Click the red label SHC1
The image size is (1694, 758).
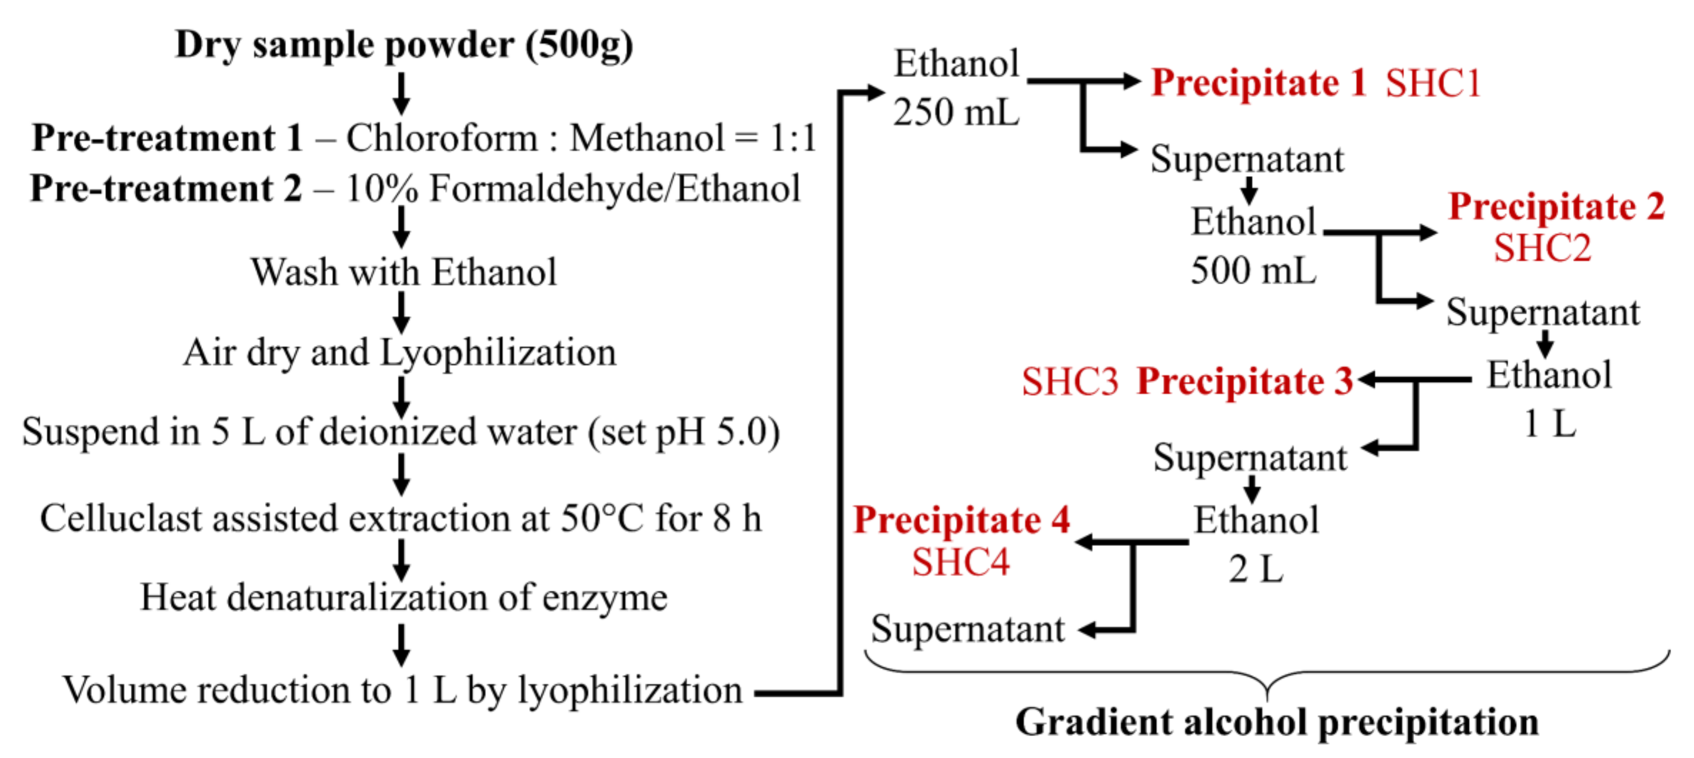[x=1432, y=84]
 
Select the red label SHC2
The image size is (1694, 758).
[x=1542, y=249]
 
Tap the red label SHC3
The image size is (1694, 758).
[x=1069, y=382]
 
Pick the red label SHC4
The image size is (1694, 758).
[x=960, y=563]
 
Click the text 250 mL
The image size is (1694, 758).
[x=955, y=112]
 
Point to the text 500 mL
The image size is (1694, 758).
[x=1253, y=270]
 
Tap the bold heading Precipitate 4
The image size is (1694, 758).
[x=961, y=520]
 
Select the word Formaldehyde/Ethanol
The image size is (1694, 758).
[x=615, y=189]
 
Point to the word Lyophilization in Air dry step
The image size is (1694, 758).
[x=499, y=353]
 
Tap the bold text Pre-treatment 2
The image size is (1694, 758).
[x=166, y=189]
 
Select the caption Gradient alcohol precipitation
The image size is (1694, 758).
[x=1277, y=722]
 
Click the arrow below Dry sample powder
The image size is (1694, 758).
[x=401, y=93]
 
